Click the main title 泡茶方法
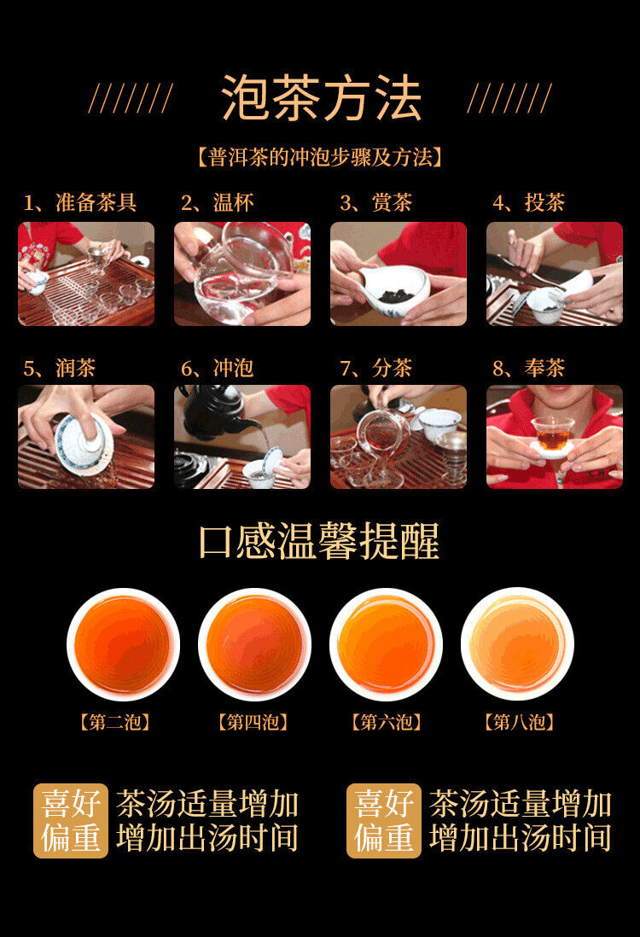pos(321,97)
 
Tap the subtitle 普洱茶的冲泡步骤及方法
pos(319,157)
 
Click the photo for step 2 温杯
pos(242,273)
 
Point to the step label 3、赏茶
pos(375,203)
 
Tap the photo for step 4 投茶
pos(554,273)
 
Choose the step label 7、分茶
pos(375,369)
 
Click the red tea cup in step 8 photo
pos(553,435)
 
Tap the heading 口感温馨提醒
pos(319,541)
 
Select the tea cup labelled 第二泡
pos(123,644)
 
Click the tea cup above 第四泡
pos(254,644)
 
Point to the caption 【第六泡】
pos(386,723)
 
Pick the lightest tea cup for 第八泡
pos(517,644)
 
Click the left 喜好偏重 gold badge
pos(71,820)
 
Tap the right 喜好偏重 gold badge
pos(383,820)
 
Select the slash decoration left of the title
pos(131,98)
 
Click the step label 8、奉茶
pos(529,369)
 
